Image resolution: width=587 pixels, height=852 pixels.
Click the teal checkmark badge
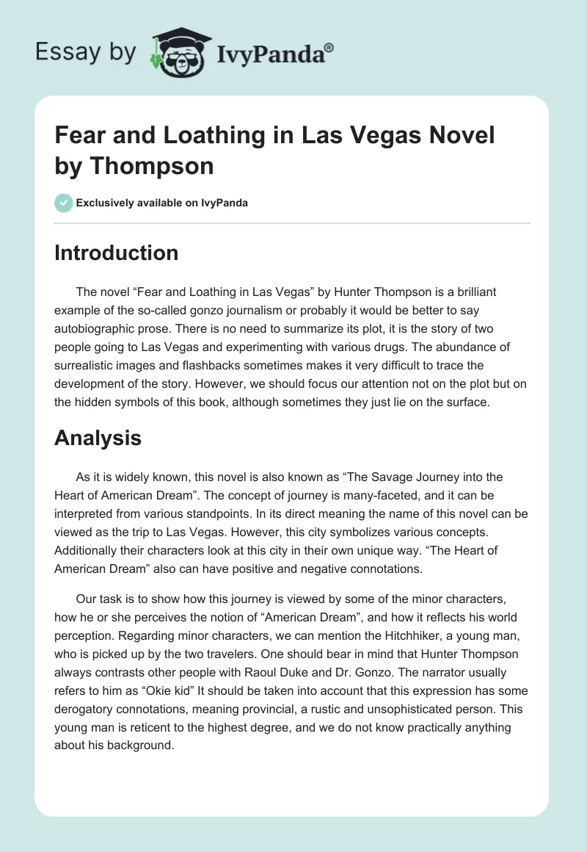[64, 203]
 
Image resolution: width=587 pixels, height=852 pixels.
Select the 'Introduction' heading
[116, 253]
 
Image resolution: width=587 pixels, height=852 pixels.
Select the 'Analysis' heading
[98, 438]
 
